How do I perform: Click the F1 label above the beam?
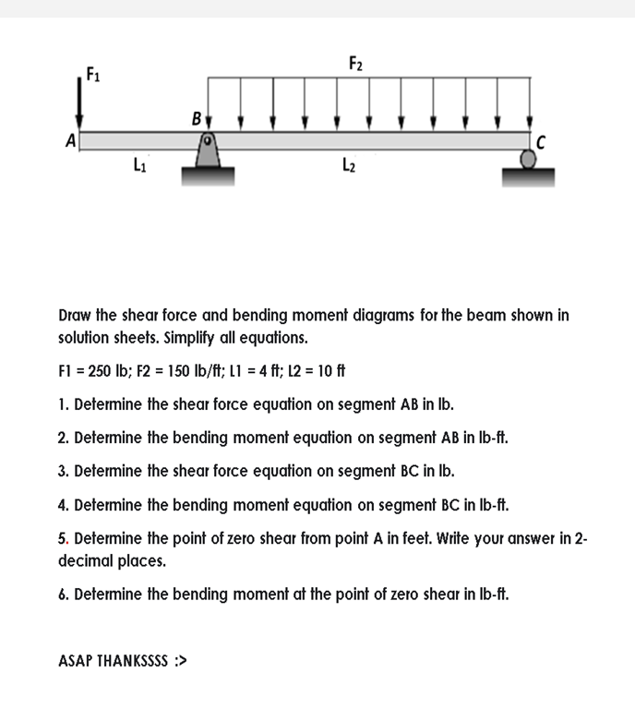(x=91, y=73)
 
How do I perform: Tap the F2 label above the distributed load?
(x=356, y=63)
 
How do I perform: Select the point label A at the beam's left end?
(x=69, y=141)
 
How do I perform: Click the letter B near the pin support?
(x=196, y=119)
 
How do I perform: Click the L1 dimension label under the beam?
(x=139, y=167)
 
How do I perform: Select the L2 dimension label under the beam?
(x=348, y=167)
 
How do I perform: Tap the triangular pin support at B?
(x=209, y=151)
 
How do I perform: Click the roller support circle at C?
(x=529, y=159)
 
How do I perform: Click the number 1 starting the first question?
(x=61, y=404)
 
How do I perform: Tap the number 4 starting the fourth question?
(x=61, y=505)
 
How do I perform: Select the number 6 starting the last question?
(x=61, y=594)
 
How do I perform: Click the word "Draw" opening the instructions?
(x=77, y=315)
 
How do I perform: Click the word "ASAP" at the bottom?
(x=78, y=661)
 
